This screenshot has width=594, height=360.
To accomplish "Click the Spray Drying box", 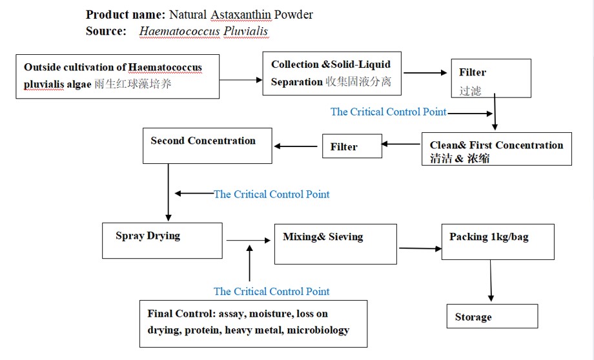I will [x=162, y=241].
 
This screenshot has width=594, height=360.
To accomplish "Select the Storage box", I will [x=491, y=316].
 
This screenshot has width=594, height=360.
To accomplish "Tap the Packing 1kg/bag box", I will [x=497, y=241].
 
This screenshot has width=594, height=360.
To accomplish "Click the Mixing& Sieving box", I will [x=335, y=243].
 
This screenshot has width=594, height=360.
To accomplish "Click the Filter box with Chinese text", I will [x=491, y=78].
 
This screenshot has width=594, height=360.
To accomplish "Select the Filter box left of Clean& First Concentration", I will [x=352, y=146].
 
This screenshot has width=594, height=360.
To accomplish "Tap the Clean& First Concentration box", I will [x=496, y=149].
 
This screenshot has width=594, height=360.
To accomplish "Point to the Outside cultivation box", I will [x=118, y=76].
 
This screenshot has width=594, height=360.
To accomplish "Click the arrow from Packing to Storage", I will [x=491, y=281].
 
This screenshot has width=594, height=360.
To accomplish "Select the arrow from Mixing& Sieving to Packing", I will [x=419, y=248].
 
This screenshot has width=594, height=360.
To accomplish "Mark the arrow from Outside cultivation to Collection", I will [x=240, y=79].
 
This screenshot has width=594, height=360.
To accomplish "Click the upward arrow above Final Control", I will [x=249, y=265].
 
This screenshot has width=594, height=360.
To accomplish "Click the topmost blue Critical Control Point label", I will [x=388, y=112].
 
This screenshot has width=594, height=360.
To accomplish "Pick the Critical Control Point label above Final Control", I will [x=271, y=292].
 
